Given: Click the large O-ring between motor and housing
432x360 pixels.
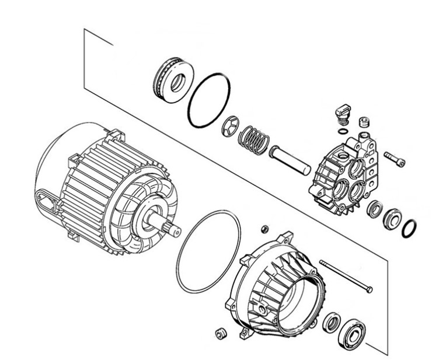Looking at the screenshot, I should (208, 251).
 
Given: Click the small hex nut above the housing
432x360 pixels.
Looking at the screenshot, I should (263, 227).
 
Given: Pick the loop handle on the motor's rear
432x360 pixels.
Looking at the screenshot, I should (46, 201).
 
